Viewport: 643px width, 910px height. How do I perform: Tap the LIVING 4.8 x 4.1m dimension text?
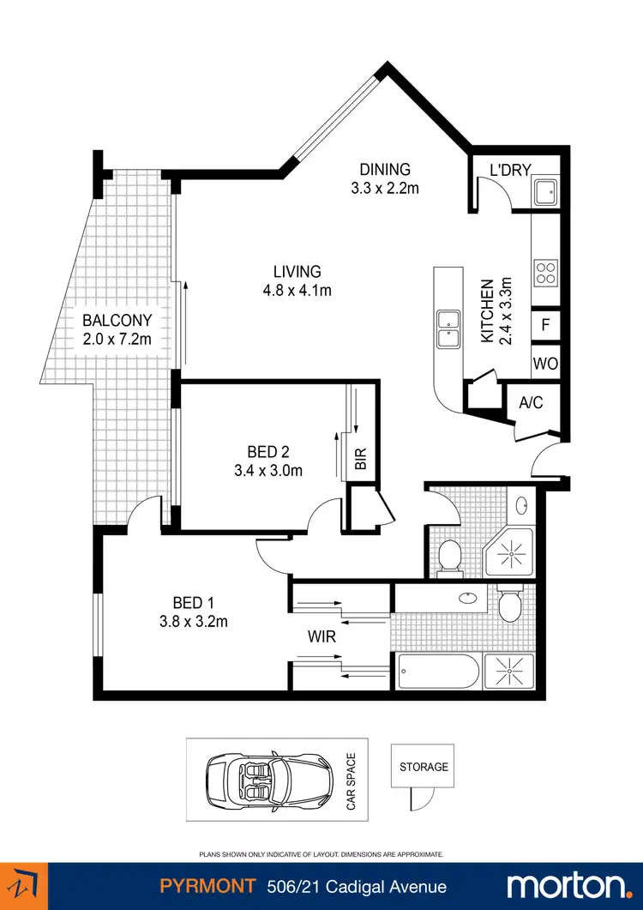[297, 290]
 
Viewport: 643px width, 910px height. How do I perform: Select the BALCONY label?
[117, 321]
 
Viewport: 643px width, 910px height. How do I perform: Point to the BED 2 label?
[267, 452]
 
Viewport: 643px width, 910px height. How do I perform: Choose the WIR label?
[322, 638]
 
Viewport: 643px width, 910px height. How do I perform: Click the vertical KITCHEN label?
[486, 311]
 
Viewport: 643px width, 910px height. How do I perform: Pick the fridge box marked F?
[545, 326]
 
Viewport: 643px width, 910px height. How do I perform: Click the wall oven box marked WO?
[545, 364]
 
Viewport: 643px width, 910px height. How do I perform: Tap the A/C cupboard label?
[532, 401]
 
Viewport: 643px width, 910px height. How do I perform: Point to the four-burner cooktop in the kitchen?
[545, 273]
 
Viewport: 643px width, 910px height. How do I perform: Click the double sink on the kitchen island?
[448, 329]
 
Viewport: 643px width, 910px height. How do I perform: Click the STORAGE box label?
[424, 767]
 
